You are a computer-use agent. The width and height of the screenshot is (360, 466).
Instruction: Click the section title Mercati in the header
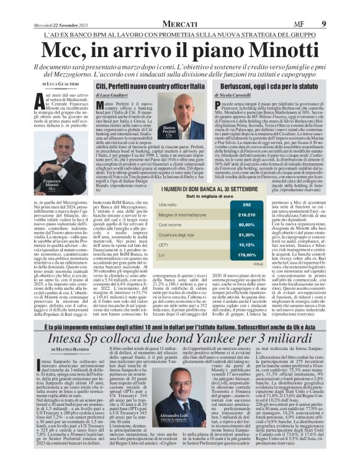click(179, 7)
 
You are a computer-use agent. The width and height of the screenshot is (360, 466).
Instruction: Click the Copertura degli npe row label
click(181, 234)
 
